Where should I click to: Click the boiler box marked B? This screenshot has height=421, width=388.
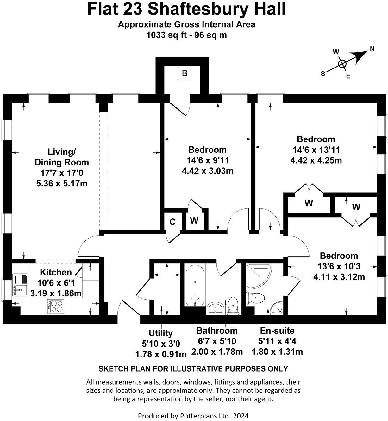pyautogui.click(x=185, y=74)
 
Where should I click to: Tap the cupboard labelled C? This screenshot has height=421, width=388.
pyautogui.click(x=172, y=222)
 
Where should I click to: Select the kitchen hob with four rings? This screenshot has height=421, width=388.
pyautogui.click(x=55, y=307)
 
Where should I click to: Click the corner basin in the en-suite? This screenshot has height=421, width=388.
pyautogui.click(x=277, y=307)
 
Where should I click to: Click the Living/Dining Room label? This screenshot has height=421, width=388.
pyautogui.click(x=62, y=157)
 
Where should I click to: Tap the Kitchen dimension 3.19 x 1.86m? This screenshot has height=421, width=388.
pyautogui.click(x=56, y=293)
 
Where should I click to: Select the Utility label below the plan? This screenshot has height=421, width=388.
pyautogui.click(x=161, y=333)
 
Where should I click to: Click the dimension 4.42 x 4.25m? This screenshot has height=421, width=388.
pyautogui.click(x=316, y=160)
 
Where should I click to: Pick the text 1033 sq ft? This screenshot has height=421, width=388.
pyautogui.click(x=166, y=35)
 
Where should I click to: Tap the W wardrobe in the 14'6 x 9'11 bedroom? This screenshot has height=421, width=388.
pyautogui.click(x=194, y=221)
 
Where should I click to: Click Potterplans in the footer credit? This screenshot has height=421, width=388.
pyautogui.click(x=196, y=415)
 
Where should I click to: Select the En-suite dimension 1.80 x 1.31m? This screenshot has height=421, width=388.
pyautogui.click(x=277, y=352)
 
